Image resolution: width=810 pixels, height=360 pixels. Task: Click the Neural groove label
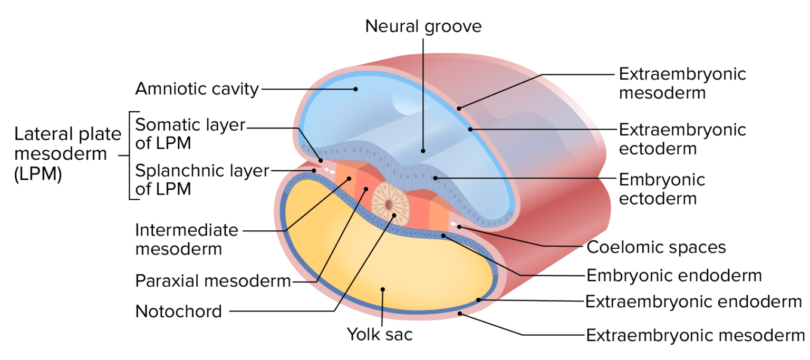[423, 26]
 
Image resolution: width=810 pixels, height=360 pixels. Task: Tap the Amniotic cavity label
[197, 89]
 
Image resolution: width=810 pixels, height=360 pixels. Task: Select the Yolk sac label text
[379, 334]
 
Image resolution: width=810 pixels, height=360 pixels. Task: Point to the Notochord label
[179, 312]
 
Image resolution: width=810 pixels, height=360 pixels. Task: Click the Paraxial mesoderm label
[213, 281]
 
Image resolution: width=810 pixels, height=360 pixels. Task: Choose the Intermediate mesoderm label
[187, 239]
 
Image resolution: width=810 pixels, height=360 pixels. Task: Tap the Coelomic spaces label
[656, 247]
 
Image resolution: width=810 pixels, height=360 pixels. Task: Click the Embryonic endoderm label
[674, 275]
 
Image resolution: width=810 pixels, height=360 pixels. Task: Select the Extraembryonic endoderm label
[693, 302]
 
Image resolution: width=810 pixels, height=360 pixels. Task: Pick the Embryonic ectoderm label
[662, 189]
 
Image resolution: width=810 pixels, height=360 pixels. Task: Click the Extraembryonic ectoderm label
[682, 139]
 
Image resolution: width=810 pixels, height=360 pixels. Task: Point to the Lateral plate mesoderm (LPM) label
[67, 154]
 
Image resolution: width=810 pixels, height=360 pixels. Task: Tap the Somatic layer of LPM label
[190, 134]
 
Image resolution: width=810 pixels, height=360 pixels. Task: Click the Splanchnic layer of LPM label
[202, 180]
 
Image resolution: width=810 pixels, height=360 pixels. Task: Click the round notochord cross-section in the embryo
[389, 203]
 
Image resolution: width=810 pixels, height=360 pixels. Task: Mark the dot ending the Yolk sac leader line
[383, 289]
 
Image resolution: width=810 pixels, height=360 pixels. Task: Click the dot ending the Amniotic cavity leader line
[355, 89]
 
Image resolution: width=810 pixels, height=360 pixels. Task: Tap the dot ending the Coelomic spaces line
[459, 227]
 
